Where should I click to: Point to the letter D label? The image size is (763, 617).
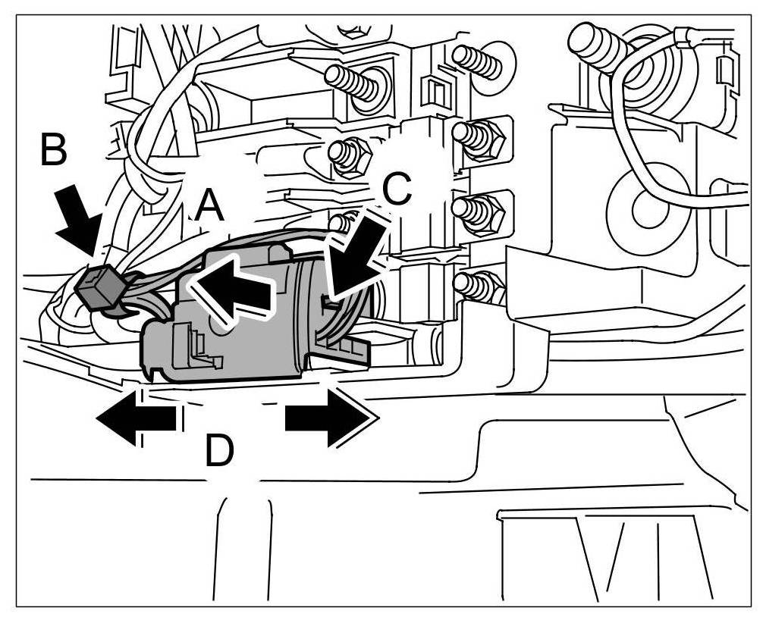(219, 450)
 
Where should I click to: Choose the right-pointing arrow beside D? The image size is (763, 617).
(329, 417)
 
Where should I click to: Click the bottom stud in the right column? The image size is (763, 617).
(476, 287)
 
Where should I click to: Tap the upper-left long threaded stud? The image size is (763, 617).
(356, 81)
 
